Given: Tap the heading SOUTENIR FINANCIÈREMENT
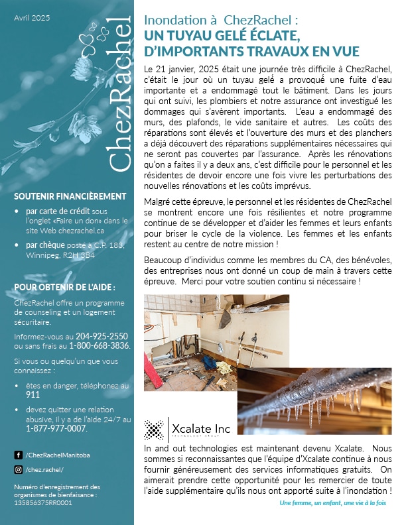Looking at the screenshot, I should point(70,196).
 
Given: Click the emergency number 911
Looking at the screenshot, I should point(33,394).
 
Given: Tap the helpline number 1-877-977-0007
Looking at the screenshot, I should point(56,428).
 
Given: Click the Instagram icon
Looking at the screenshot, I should point(18,469).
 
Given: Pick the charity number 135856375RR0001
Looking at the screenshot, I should point(43,502).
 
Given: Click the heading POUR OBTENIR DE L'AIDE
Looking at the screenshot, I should point(64,287).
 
